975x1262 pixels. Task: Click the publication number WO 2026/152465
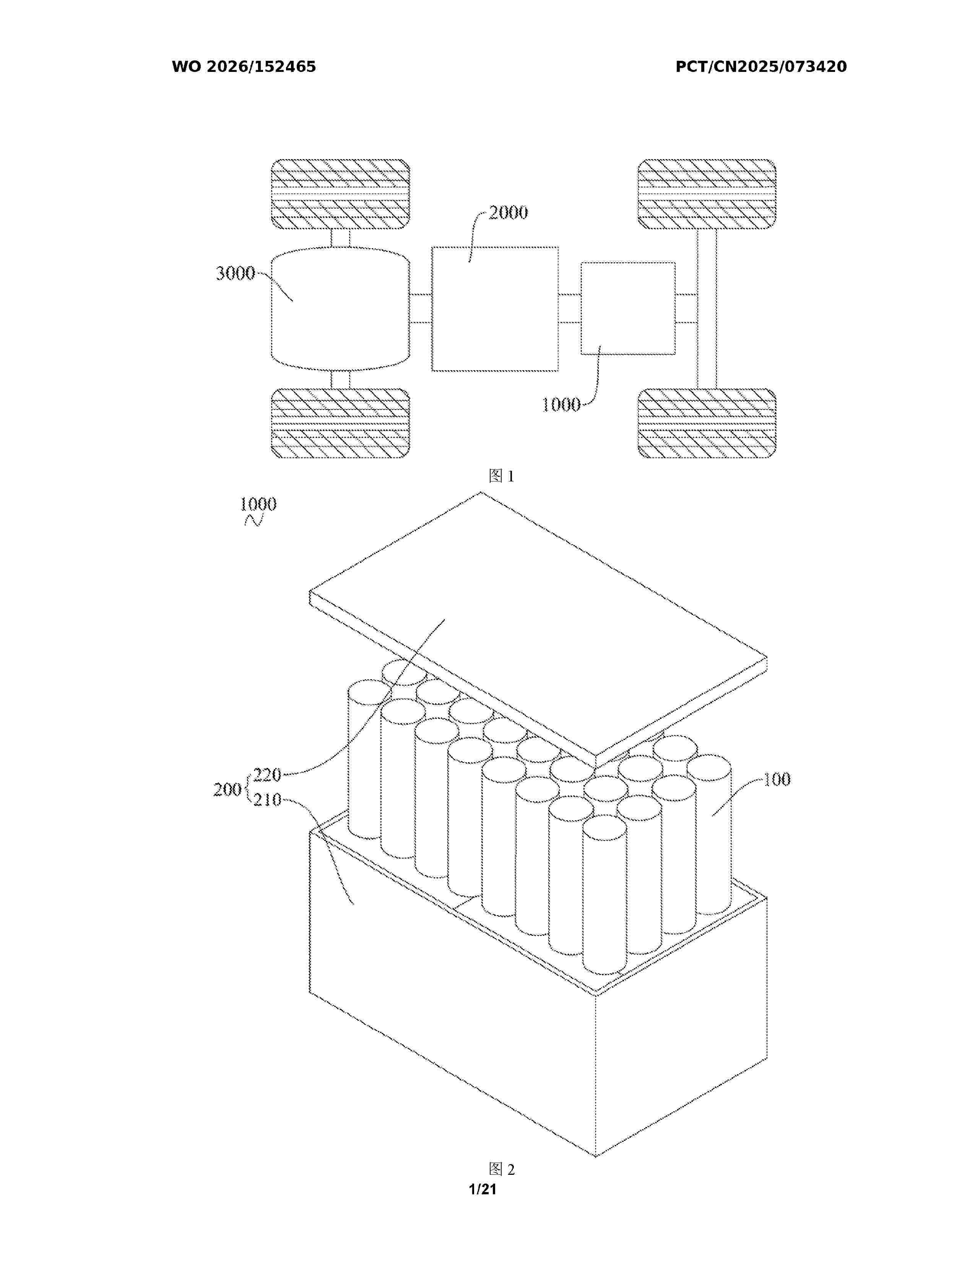pyautogui.click(x=244, y=67)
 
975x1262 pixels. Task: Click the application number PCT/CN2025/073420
pyautogui.click(x=761, y=67)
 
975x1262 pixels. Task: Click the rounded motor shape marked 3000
pyautogui.click(x=340, y=309)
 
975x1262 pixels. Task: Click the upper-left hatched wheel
pyautogui.click(x=340, y=194)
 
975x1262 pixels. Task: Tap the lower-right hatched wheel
pyautogui.click(x=707, y=424)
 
